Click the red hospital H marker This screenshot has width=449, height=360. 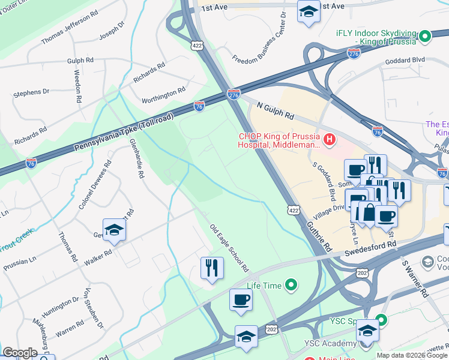(329, 140)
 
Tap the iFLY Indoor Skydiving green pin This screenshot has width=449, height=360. (426, 37)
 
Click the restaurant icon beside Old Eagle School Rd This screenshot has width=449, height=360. (212, 268)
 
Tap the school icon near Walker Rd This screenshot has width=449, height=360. (114, 230)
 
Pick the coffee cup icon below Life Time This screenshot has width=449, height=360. (241, 299)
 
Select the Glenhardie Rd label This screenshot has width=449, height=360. (137, 159)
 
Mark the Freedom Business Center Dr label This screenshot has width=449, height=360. (259, 44)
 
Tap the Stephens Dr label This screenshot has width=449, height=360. (31, 93)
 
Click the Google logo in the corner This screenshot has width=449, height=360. (20, 353)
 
